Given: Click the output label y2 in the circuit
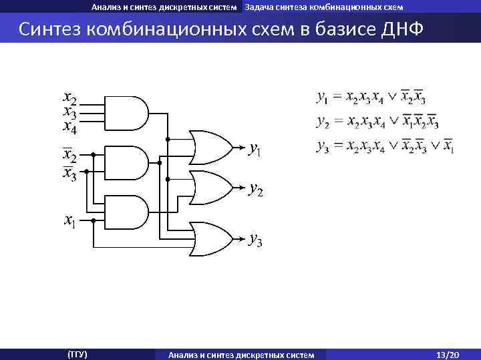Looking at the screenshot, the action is click(x=255, y=190).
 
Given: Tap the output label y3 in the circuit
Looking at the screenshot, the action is click(x=255, y=238).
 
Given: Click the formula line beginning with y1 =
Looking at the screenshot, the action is click(x=371, y=99).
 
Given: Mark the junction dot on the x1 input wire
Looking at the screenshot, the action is click(x=94, y=220).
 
